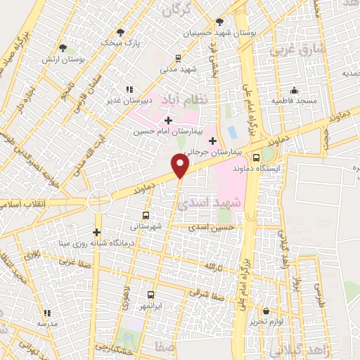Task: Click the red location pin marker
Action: tap(181, 166)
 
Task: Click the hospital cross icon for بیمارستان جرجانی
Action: tap(212, 141)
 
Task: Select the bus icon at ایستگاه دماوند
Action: tap(256, 157)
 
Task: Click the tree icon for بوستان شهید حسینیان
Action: tap(220, 22)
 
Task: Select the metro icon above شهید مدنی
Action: tap(179, 58)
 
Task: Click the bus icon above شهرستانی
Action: tap(146, 215)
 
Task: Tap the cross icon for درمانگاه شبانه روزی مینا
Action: tap(97, 232)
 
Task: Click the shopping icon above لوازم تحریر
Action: tap(266, 310)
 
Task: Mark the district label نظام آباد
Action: tap(184, 98)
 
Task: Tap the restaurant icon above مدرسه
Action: tap(48, 313)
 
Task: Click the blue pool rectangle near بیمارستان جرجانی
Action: tap(233, 131)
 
